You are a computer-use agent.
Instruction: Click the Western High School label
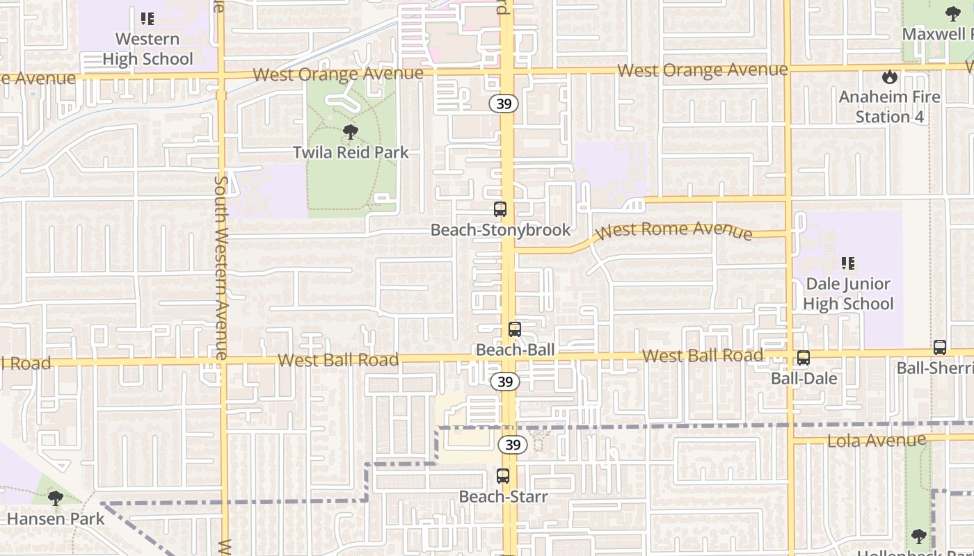click(147, 49)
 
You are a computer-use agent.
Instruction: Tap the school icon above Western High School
click(147, 19)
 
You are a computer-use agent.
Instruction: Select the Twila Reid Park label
click(351, 152)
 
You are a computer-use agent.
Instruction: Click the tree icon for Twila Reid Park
click(351, 131)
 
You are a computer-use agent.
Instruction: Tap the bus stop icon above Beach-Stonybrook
click(500, 209)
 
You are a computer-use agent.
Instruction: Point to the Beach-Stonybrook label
click(500, 230)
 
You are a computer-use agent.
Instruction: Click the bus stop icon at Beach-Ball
click(515, 330)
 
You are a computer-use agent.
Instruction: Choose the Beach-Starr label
click(503, 497)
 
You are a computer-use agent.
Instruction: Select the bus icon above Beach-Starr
click(503, 476)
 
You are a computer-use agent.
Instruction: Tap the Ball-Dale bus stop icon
click(804, 358)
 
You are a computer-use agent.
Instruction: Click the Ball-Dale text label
click(804, 379)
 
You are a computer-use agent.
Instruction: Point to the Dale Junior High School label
click(847, 294)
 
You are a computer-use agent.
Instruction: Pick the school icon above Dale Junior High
click(847, 263)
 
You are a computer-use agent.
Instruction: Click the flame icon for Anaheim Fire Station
click(889, 76)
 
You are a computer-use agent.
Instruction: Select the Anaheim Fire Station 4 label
click(889, 107)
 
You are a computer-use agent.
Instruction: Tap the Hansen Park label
click(56, 518)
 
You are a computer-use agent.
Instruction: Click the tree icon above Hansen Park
click(56, 498)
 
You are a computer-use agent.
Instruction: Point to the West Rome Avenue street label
click(673, 230)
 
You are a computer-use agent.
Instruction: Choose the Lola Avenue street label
click(877, 441)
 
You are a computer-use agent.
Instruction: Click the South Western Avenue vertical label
click(222, 268)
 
